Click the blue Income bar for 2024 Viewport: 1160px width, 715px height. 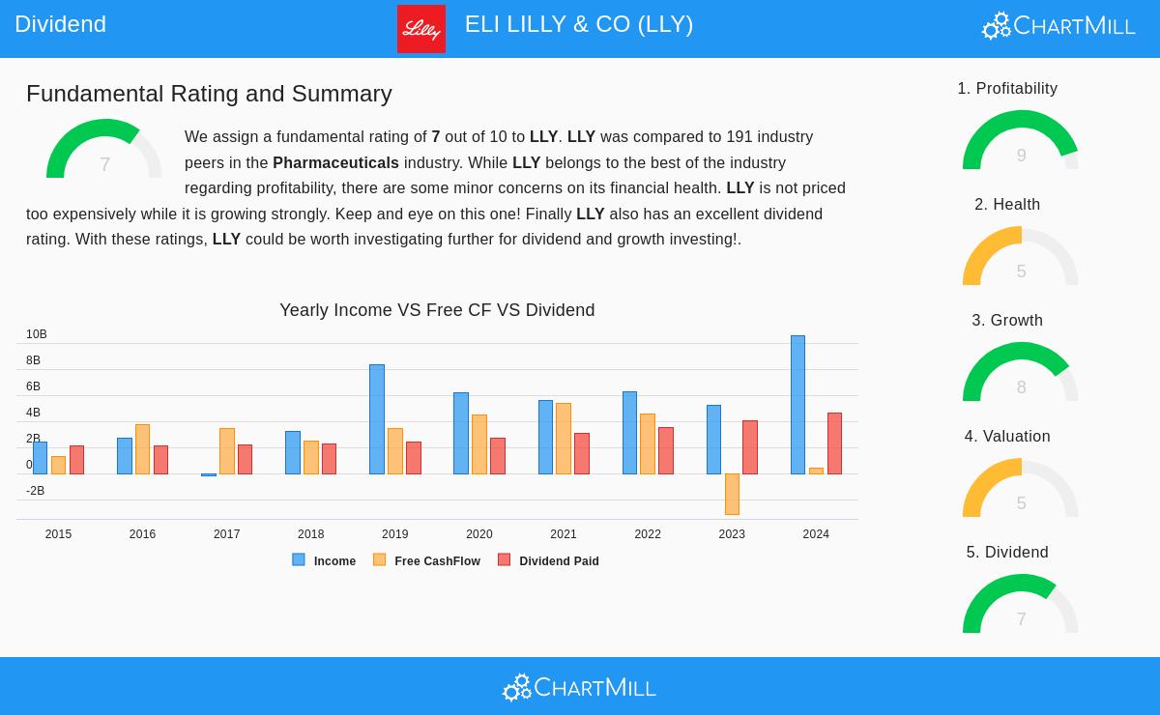[797, 405]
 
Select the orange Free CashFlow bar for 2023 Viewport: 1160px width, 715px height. [732, 494]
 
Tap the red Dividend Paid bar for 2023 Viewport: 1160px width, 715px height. [750, 447]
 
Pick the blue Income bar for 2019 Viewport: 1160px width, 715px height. [377, 419]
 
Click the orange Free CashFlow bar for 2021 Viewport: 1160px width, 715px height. [564, 439]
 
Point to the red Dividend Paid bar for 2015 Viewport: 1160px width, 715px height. [76, 460]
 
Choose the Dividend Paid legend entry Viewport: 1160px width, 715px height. [548, 560]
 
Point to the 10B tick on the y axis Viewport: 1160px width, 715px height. [37, 334]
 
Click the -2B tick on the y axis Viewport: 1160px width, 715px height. [35, 491]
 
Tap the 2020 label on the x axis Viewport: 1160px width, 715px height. [479, 534]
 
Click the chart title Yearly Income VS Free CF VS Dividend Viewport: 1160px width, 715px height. [437, 310]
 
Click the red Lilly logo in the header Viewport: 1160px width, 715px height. [421, 29]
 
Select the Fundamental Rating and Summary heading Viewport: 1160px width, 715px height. [209, 94]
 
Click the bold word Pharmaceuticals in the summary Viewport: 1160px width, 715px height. [335, 162]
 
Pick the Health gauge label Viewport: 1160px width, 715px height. [1007, 204]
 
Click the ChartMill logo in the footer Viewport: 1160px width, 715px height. [579, 687]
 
